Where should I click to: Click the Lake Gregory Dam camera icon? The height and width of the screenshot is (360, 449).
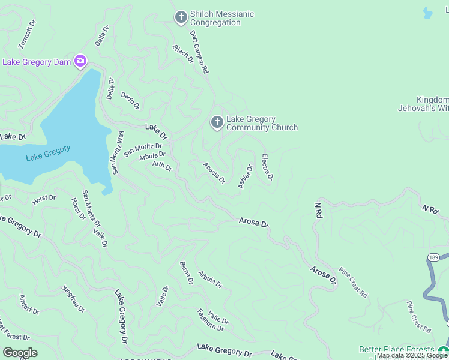pos(80,61)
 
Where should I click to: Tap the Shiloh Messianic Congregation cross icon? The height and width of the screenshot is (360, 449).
pos(181,18)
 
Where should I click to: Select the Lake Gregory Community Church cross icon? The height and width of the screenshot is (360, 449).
pos(217,123)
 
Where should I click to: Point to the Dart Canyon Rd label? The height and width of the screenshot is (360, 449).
pos(199,52)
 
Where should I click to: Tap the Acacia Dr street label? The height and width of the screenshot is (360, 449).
pos(214,173)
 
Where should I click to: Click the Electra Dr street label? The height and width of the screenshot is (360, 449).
pos(267,167)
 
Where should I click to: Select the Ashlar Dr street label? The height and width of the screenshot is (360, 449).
pos(246,176)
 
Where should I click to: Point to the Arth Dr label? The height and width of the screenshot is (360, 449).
pos(162,166)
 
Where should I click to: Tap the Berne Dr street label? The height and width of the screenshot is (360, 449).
pos(186,272)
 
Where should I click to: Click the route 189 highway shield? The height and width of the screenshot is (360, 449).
pos(434,257)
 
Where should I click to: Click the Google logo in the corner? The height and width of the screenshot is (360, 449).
pos(20,353)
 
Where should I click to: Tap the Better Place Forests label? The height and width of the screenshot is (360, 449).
pos(396,349)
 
